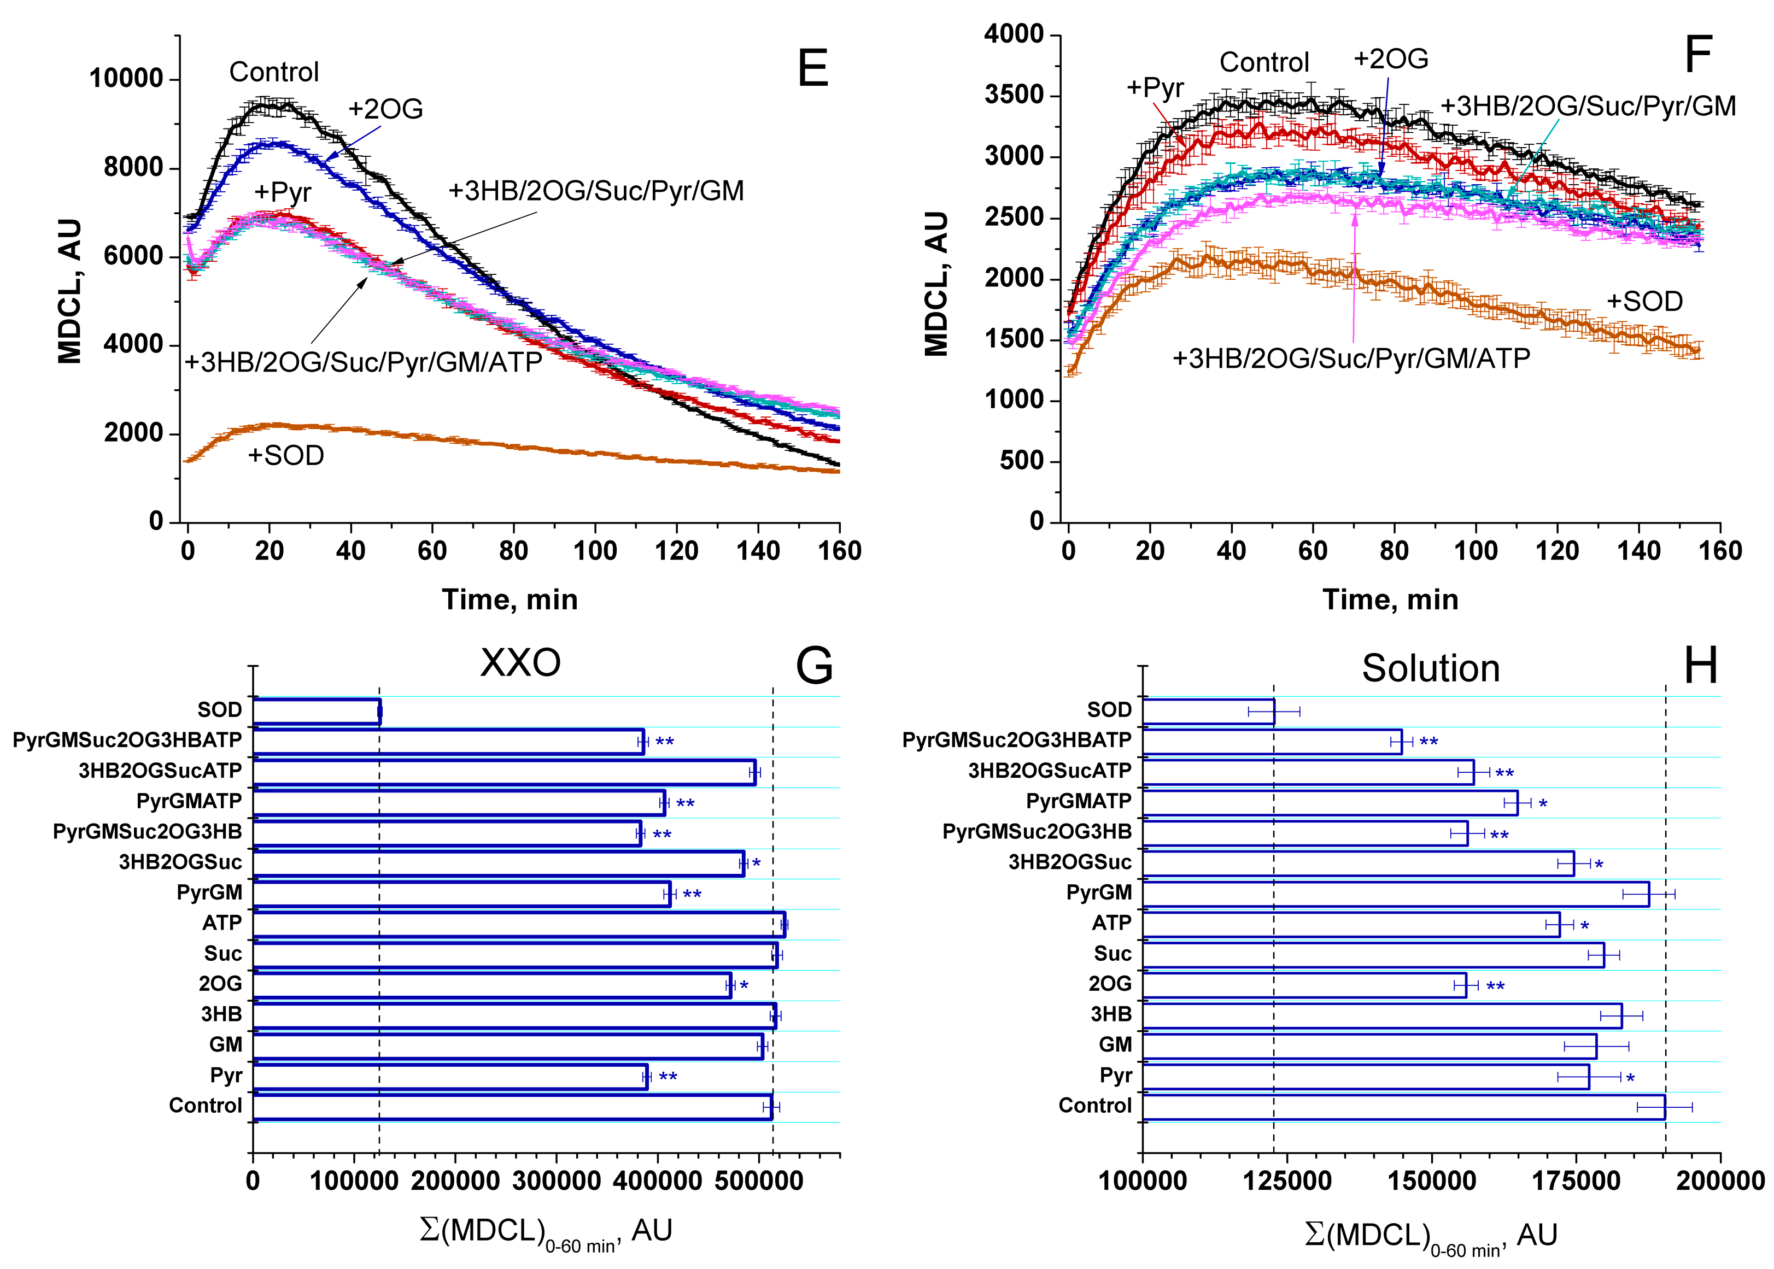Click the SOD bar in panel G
(317, 711)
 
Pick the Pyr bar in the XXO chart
(449, 1077)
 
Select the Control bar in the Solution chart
(1403, 1107)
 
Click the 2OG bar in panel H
(1303, 985)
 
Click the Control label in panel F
(1264, 62)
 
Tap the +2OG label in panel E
(385, 109)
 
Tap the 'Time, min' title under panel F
(1390, 600)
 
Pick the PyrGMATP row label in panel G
(189, 802)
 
